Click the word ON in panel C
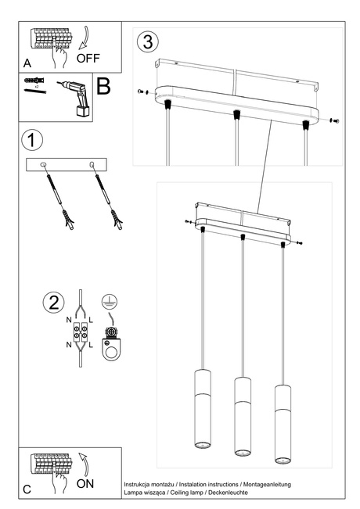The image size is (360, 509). point(87,484)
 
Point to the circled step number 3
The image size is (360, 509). point(148,41)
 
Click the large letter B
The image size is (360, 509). point(103,86)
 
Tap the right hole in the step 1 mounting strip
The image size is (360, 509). point(93,163)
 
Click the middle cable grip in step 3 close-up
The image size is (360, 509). point(234,116)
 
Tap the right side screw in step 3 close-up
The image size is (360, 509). point(333,120)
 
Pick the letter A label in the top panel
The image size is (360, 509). point(27,62)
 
